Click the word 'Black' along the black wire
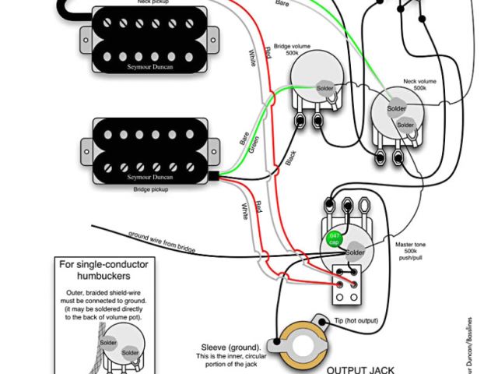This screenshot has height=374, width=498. coord(290,158)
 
